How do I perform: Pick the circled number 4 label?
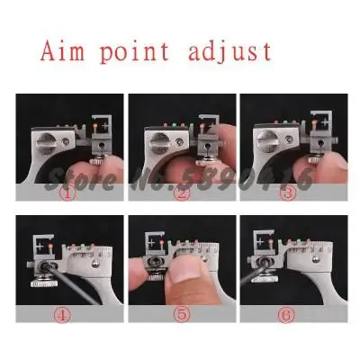tap(63, 315)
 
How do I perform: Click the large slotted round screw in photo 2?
tap(158, 141)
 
